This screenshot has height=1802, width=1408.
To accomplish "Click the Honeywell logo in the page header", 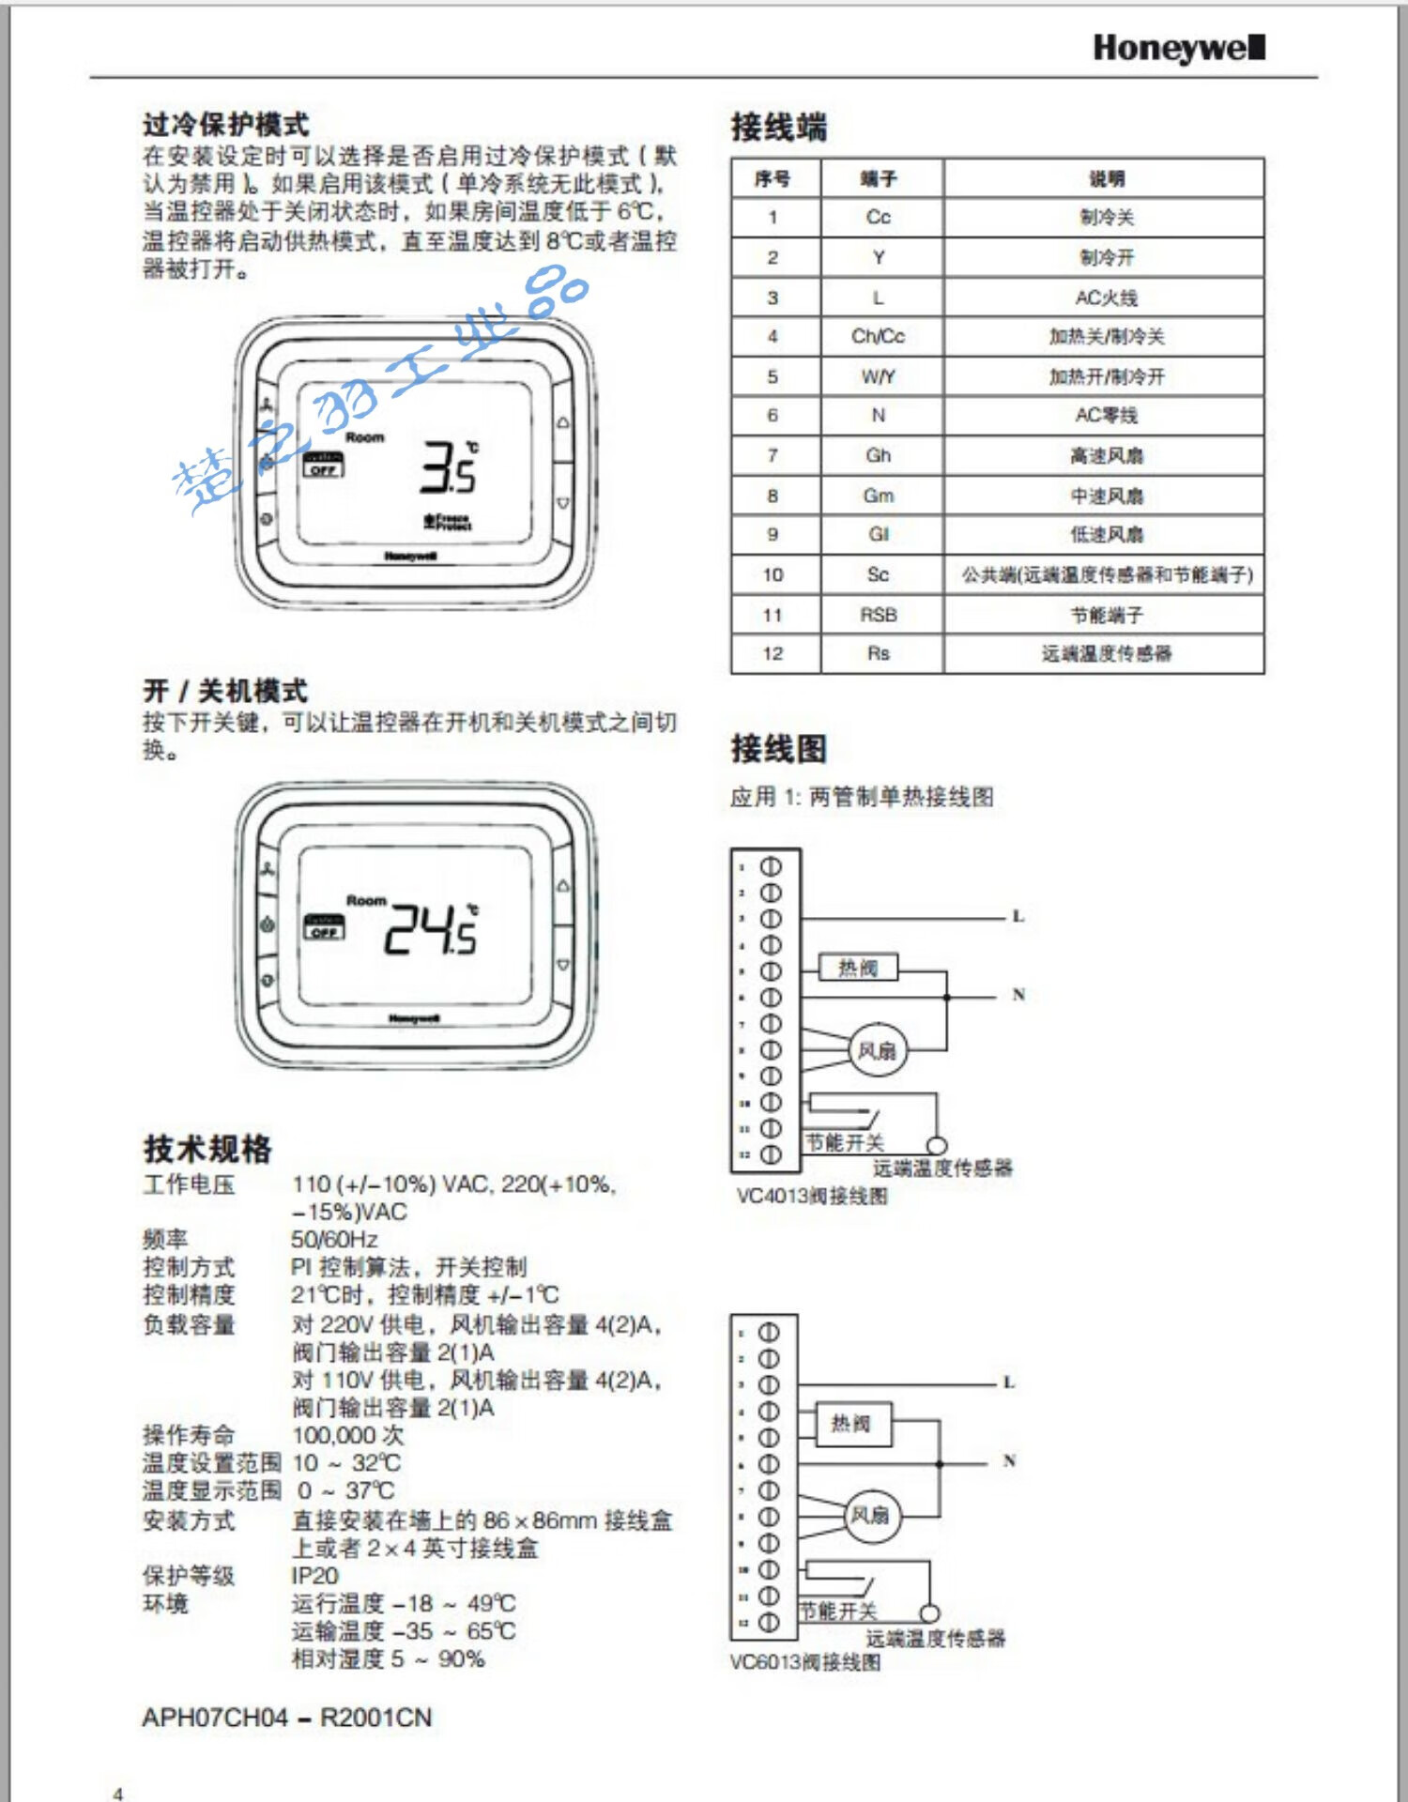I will coord(1178,47).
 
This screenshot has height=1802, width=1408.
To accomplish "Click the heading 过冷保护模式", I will coord(225,124).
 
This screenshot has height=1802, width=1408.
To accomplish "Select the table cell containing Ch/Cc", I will coord(878,336).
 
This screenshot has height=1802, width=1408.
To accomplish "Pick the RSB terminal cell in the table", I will coord(878,615).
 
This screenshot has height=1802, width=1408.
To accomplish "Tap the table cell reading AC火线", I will coord(1106,298).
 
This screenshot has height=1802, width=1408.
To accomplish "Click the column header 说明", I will coord(1106,178).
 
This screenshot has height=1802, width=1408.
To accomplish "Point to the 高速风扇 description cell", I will coord(1106,455).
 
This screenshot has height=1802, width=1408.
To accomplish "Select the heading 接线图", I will coord(778,748).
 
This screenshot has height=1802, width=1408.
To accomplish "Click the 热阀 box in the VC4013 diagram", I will coord(858,968).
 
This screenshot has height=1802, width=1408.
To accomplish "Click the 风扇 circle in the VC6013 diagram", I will coord(870,1515).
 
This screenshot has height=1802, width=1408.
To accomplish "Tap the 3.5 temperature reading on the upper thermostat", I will coord(449,467).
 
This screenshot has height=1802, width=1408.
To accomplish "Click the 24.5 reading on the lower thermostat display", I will coord(431,929).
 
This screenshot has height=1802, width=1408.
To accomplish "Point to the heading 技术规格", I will coord(207,1148).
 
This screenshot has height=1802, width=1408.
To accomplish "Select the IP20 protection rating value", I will coord(314,1575).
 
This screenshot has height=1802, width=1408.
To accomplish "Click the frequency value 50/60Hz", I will coord(334,1239).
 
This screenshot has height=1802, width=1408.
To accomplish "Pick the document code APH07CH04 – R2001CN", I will coord(287,1718).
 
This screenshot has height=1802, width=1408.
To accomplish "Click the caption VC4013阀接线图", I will coord(812,1196).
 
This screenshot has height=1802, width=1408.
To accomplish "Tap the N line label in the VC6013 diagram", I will coord(1009,1460).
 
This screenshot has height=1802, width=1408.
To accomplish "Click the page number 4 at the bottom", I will coord(117,1794).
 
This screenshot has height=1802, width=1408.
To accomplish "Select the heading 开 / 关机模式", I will coord(225,691).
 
